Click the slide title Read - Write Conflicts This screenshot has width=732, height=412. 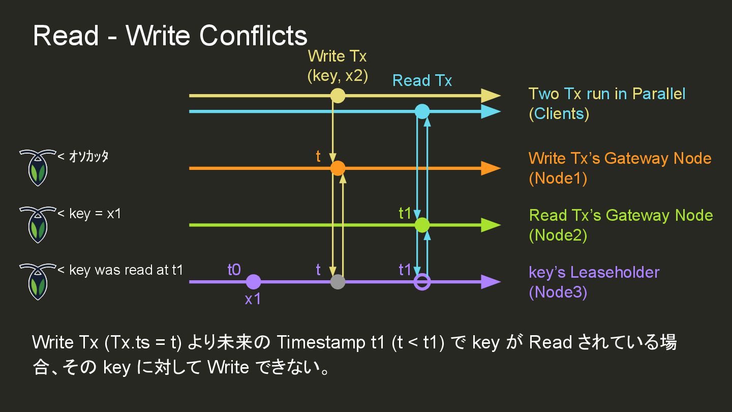(170, 36)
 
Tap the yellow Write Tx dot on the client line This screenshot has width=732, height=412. (338, 96)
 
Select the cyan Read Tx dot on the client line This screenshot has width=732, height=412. (422, 111)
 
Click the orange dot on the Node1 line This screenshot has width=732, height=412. (338, 168)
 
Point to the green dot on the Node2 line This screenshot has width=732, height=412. (422, 225)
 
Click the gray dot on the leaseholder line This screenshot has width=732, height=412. (338, 282)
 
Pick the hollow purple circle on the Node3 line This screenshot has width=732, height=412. (422, 282)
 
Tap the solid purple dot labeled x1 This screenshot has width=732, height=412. (253, 282)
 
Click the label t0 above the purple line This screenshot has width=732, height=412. (234, 270)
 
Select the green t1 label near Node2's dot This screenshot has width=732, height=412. (405, 214)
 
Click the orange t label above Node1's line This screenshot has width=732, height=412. (318, 157)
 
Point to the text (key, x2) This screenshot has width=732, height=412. (338, 76)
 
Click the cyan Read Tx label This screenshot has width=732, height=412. (422, 80)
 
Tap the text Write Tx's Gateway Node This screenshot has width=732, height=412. (620, 159)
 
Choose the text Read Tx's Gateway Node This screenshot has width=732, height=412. (621, 216)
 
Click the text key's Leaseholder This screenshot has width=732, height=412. (594, 273)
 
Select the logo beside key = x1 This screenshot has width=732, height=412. (37, 224)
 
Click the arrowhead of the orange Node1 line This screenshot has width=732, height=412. (490, 168)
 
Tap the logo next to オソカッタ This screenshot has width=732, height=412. (37, 167)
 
